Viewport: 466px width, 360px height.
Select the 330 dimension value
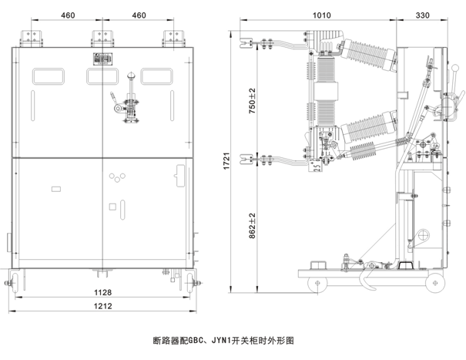(x=423, y=15)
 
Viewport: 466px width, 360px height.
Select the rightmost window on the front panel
(x=156, y=76)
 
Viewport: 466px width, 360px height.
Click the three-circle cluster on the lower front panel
(x=116, y=177)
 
